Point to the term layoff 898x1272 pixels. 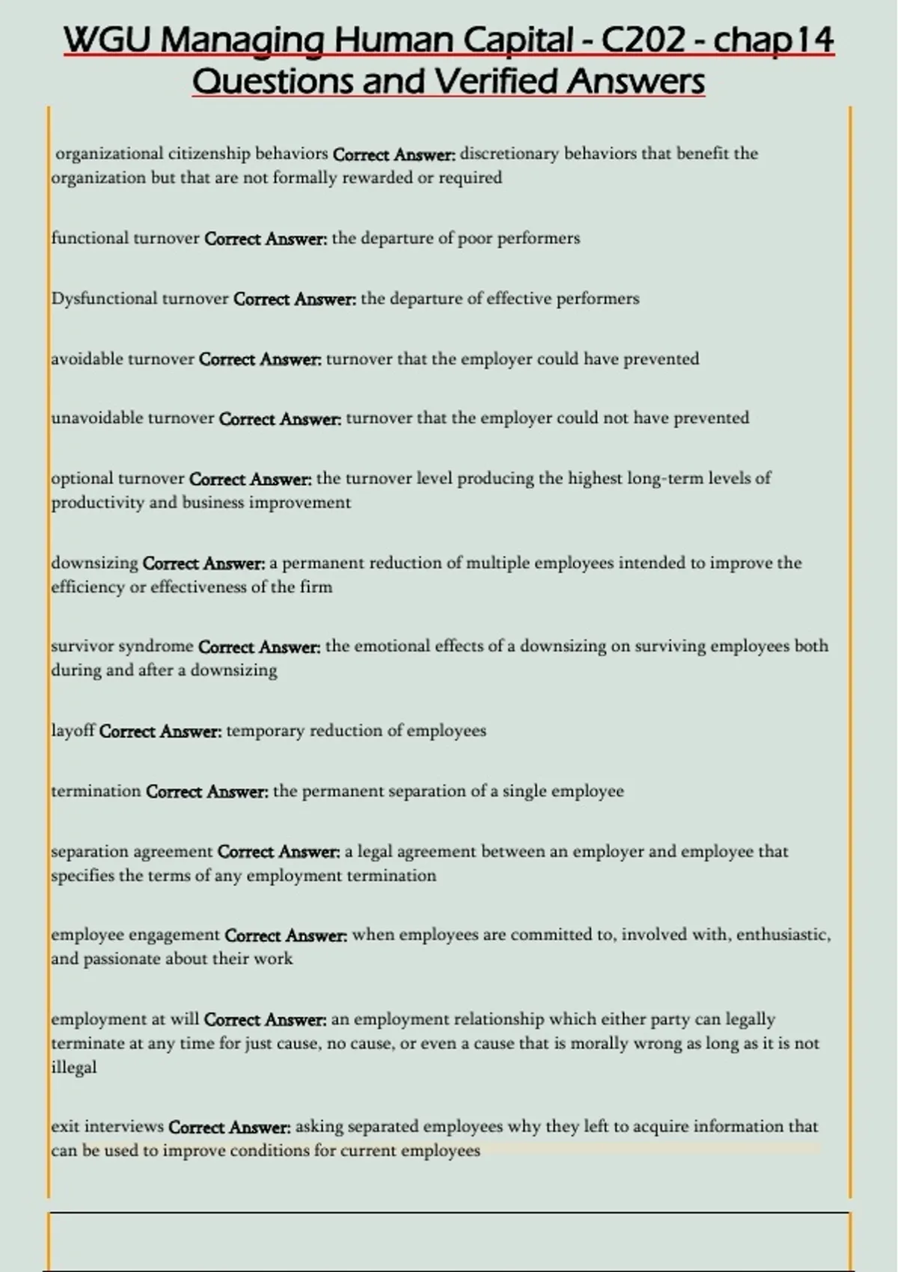[x=73, y=730]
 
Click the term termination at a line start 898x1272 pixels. [x=96, y=791]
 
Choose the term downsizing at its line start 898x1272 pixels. [x=94, y=563]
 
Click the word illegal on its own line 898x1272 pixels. [x=73, y=1067]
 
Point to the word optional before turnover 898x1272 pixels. [x=82, y=478]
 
